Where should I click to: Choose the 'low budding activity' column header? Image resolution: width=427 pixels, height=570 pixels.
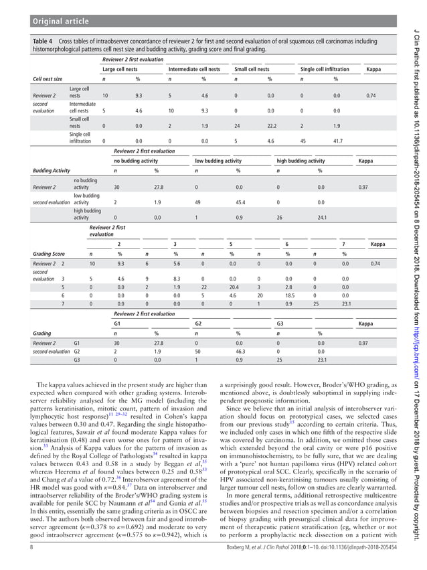[x=218, y=161]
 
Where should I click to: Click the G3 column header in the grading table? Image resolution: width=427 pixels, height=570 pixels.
[x=280, y=323]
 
